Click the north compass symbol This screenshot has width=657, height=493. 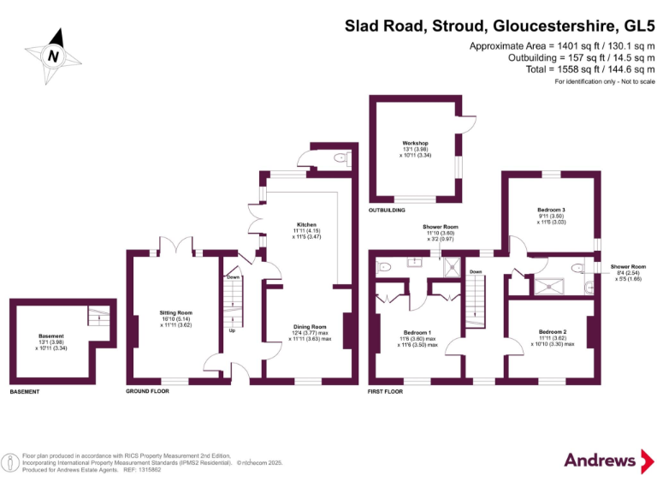pyautogui.click(x=55, y=53)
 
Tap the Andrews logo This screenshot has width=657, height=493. pyautogui.click(x=607, y=460)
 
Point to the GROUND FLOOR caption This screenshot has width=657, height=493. pyautogui.click(x=147, y=391)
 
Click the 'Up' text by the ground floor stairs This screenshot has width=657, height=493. pyautogui.click(x=232, y=330)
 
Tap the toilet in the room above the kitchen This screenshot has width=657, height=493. pyautogui.click(x=340, y=157)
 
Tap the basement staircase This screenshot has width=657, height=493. pyautogui.click(x=99, y=317)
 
